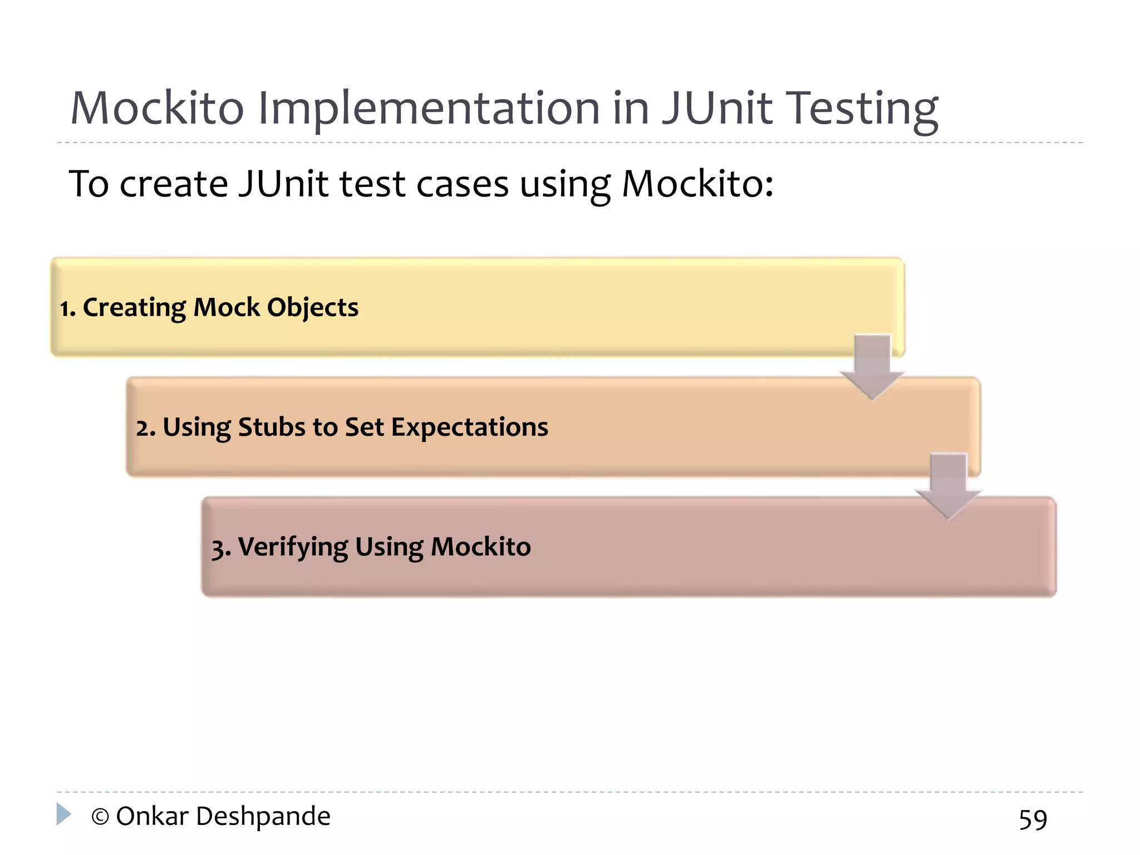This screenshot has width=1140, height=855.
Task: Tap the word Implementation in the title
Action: pyautogui.click(x=429, y=109)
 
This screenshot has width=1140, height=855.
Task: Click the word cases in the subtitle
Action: pyautogui.click(x=463, y=184)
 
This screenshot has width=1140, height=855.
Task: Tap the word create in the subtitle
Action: pyautogui.click(x=174, y=184)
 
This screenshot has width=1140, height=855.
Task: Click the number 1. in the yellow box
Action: pyautogui.click(x=67, y=308)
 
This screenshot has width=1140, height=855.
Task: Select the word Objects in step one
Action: pyautogui.click(x=313, y=308)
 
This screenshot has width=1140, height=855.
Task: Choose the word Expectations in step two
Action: pyautogui.click(x=469, y=428)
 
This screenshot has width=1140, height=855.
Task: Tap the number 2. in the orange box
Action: pyautogui.click(x=145, y=428)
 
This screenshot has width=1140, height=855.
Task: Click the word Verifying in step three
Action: pyautogui.click(x=293, y=547)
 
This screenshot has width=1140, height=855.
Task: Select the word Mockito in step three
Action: pyautogui.click(x=480, y=547)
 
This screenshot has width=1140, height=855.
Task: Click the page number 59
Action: pyautogui.click(x=1033, y=819)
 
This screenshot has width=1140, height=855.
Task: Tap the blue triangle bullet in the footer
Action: pyautogui.click(x=63, y=814)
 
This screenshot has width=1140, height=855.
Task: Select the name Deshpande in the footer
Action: pyautogui.click(x=263, y=817)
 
